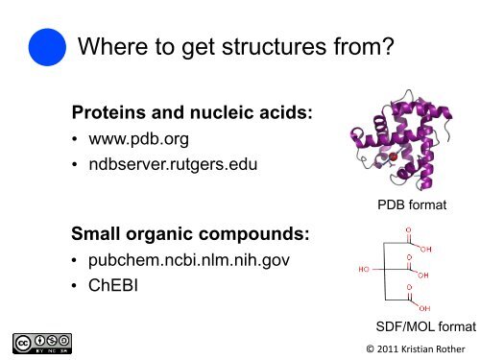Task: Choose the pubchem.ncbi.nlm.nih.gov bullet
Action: point(188,259)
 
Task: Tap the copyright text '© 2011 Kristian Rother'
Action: point(407,348)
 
